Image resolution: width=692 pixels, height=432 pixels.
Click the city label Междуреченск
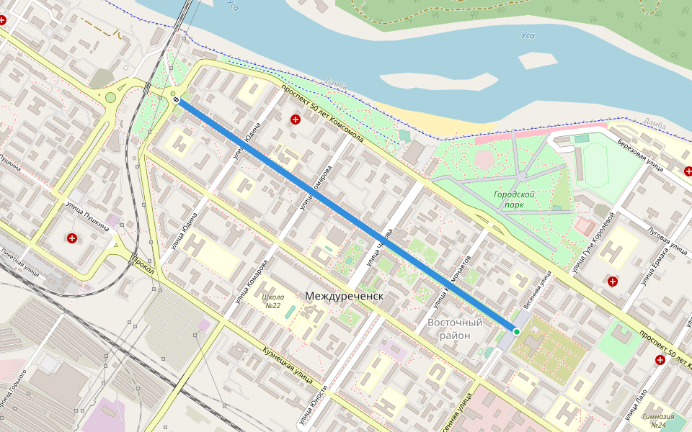[x=343, y=297]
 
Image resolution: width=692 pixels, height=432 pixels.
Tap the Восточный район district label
[x=455, y=329]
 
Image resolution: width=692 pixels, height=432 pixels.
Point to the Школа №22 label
[x=272, y=301]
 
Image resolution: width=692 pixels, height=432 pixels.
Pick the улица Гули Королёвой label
[x=593, y=245]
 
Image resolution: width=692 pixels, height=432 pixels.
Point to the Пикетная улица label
[x=20, y=262]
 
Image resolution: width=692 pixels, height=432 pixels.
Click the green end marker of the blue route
[x=516, y=330]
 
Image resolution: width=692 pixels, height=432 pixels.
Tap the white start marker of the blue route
[x=176, y=100]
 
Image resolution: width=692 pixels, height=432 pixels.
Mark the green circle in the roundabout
[x=110, y=97]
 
